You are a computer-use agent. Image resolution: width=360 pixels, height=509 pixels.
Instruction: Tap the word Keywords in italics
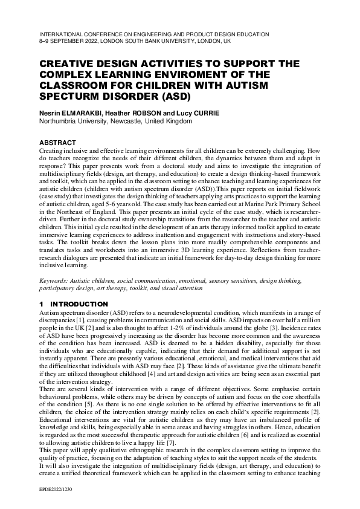(55, 281)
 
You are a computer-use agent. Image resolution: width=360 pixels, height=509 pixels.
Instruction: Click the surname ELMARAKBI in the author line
(82, 112)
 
